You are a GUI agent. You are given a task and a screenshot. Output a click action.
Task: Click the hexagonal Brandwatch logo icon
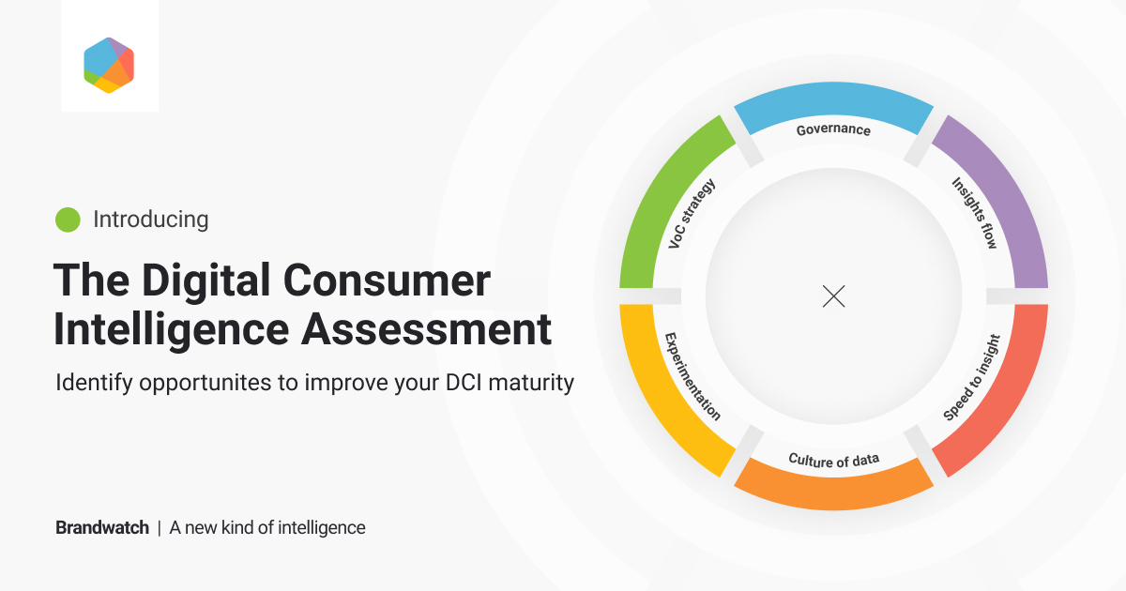tap(109, 65)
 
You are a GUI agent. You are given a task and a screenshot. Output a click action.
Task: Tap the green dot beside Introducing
tap(68, 220)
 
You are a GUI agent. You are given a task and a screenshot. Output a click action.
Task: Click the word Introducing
tap(151, 220)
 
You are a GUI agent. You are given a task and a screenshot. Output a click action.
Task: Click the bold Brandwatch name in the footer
tap(101, 527)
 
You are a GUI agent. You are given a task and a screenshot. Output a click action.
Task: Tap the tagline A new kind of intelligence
tap(267, 527)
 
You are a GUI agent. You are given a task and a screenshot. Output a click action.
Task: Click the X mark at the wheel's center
tap(833, 296)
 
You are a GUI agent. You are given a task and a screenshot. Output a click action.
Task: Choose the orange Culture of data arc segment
tap(833, 492)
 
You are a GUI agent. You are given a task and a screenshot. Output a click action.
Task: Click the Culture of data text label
tap(833, 460)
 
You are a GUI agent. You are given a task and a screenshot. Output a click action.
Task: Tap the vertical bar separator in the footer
tap(160, 527)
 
